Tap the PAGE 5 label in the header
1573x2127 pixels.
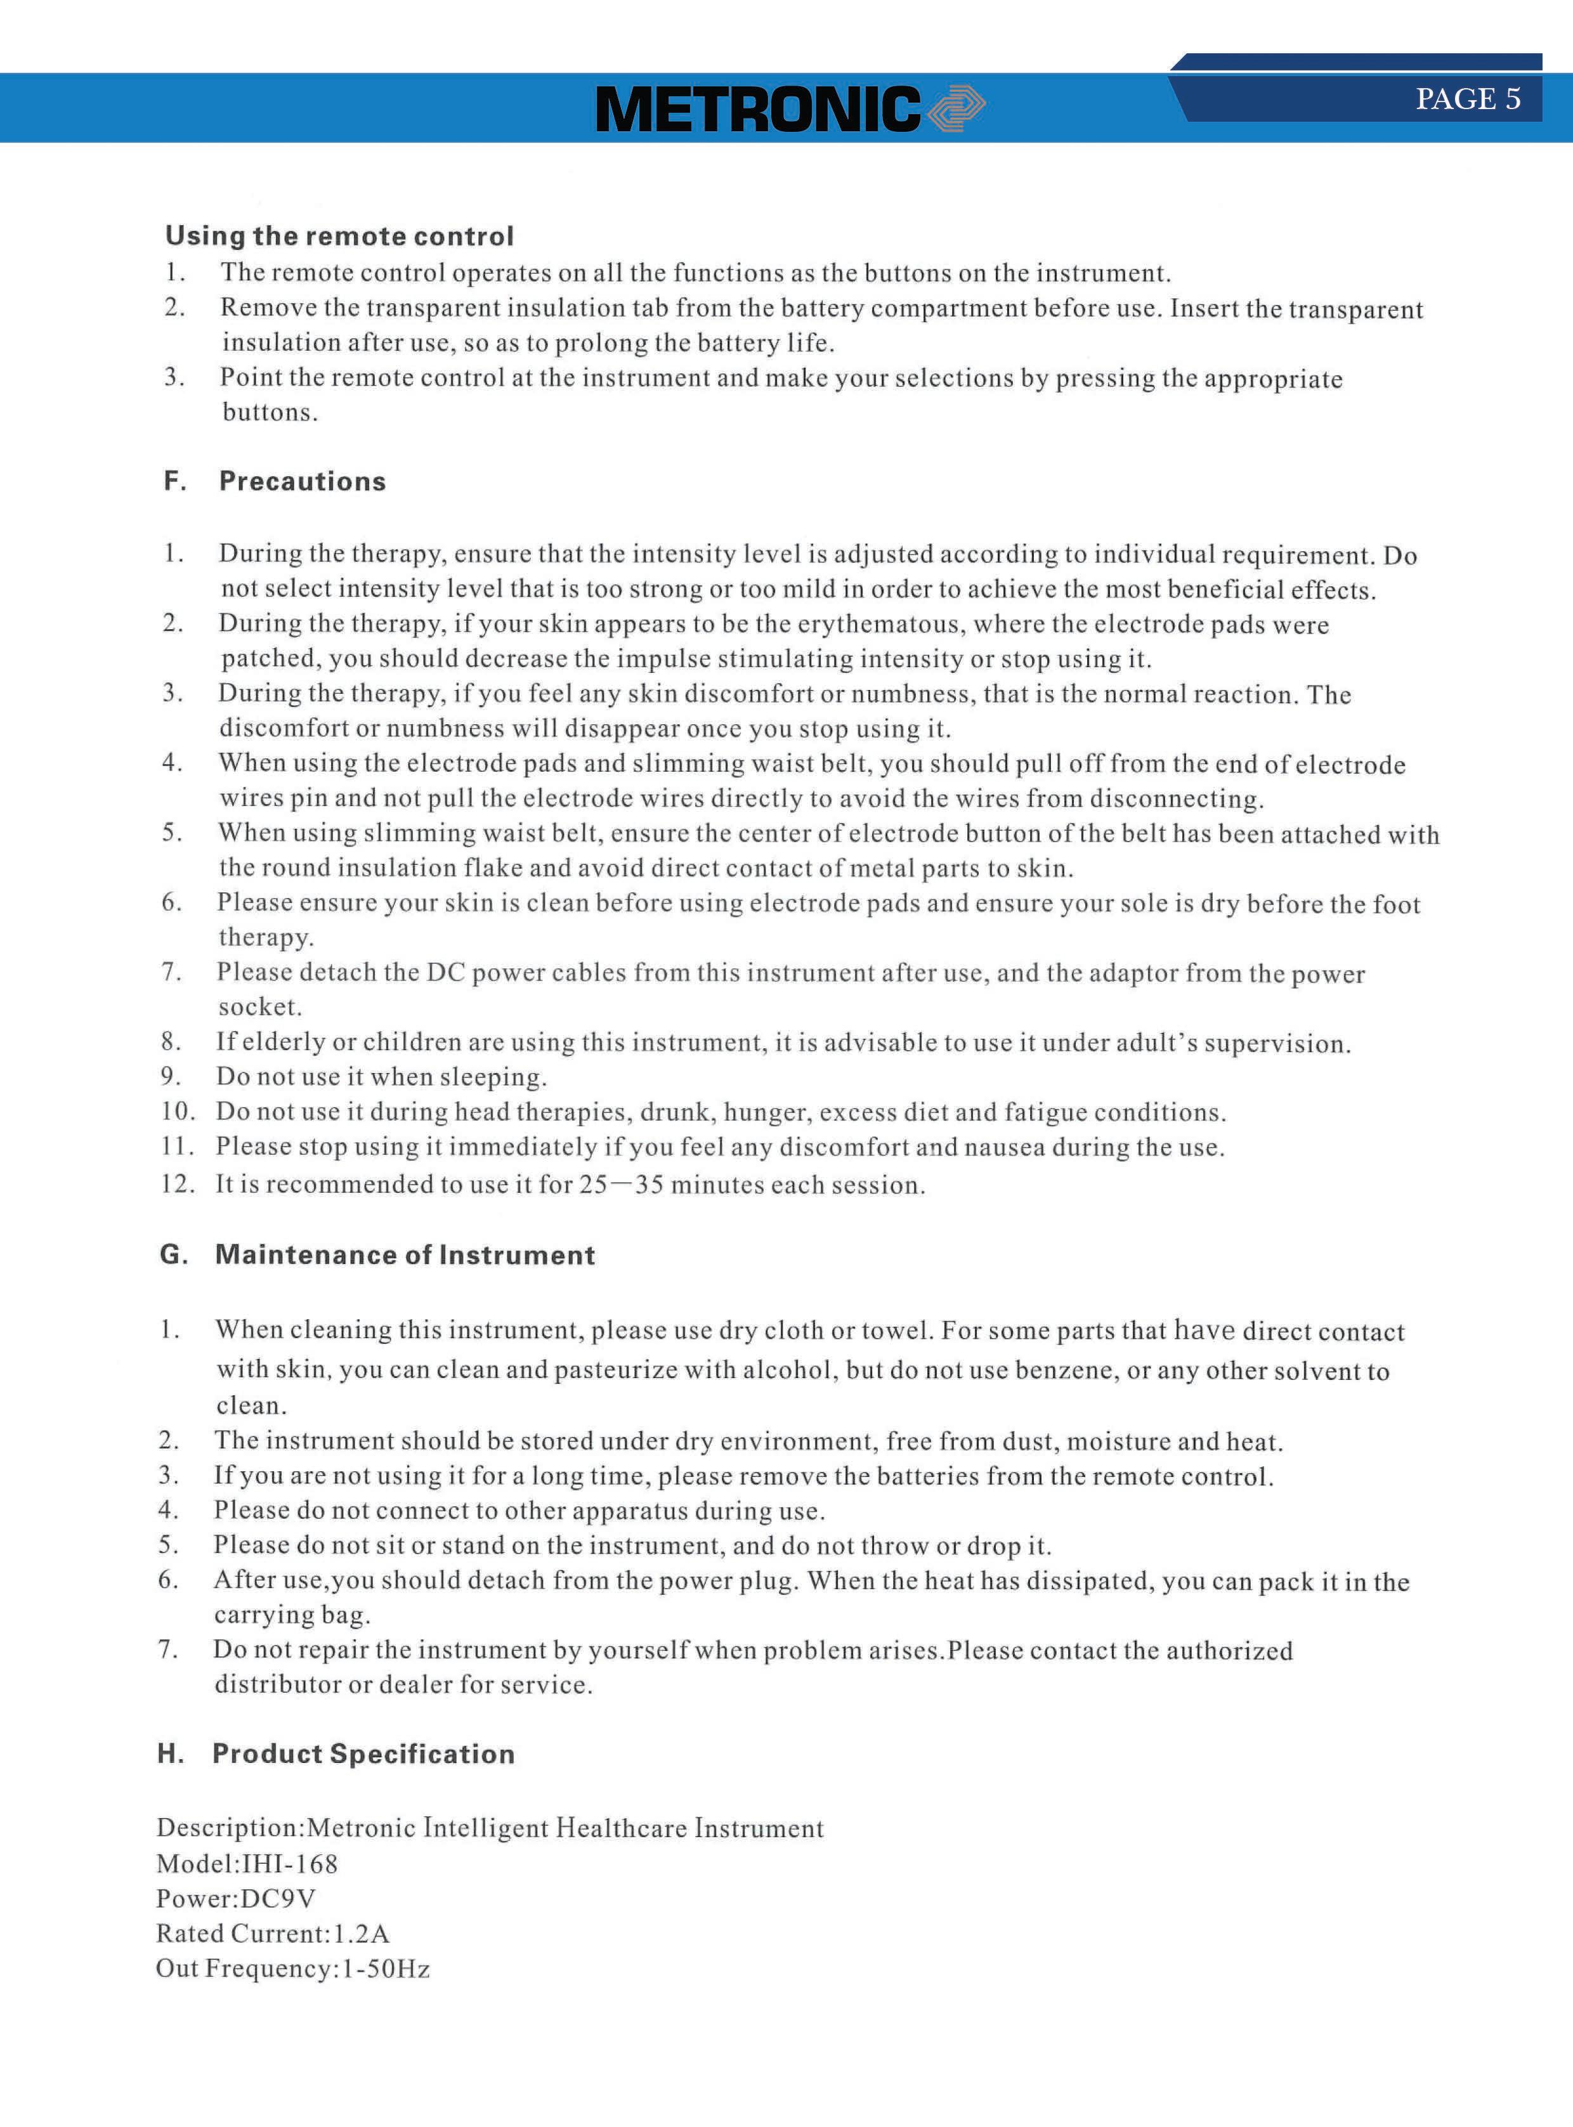coord(1467,99)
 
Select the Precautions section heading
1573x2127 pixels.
coord(303,482)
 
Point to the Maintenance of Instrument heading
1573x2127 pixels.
coord(405,1255)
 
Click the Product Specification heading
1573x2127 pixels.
coord(363,1753)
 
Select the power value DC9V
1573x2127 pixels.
coord(278,1899)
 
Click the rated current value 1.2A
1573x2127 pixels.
coord(361,1934)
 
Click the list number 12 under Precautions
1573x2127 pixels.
coord(176,1185)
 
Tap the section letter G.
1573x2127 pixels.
coord(173,1255)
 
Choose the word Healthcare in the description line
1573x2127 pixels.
coord(621,1828)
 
